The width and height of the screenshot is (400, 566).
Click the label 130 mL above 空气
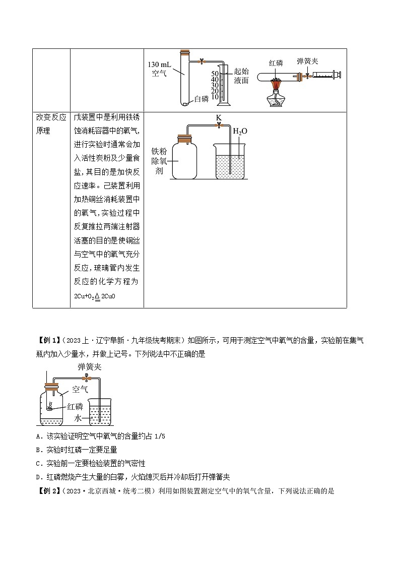point(160,65)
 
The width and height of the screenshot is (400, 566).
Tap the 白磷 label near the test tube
point(201,99)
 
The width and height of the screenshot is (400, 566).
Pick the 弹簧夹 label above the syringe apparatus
point(307,61)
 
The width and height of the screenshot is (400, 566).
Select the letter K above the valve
point(218,117)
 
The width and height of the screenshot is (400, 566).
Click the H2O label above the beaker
point(240,132)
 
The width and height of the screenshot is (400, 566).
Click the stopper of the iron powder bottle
point(184,136)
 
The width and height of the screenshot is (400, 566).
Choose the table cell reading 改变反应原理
point(51,124)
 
